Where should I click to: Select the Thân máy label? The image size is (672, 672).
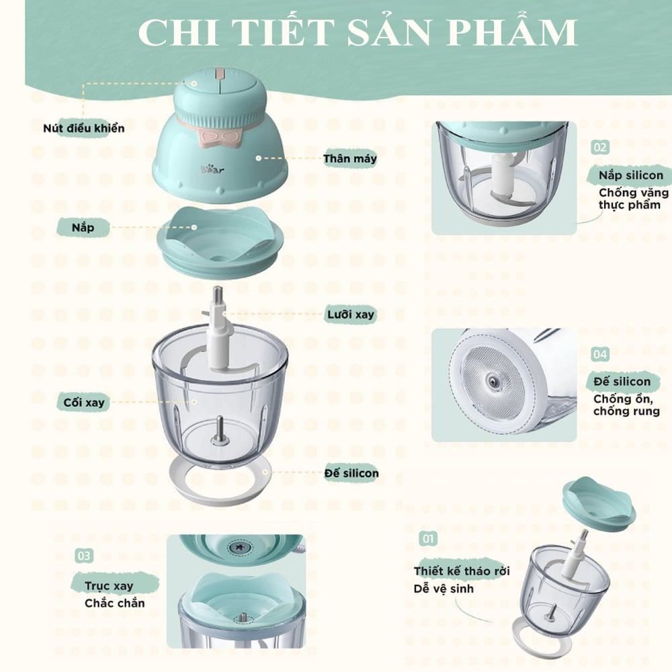(349, 159)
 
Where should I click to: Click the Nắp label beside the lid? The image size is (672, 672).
(83, 227)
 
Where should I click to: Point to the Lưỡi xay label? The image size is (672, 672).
(350, 314)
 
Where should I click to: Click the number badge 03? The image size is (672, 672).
(84, 556)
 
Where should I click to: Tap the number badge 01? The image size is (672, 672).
(427, 539)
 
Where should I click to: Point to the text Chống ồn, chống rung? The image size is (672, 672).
(622, 405)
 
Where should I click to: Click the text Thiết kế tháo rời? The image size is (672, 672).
(462, 571)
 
